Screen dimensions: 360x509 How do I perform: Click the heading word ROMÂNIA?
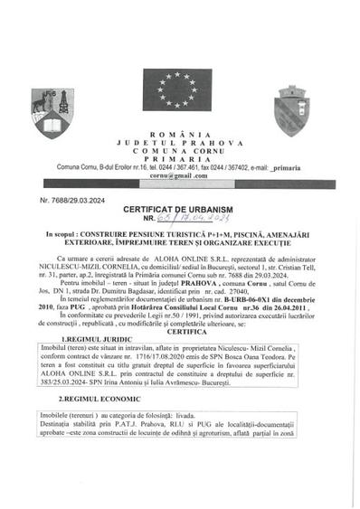coord(180,134)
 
